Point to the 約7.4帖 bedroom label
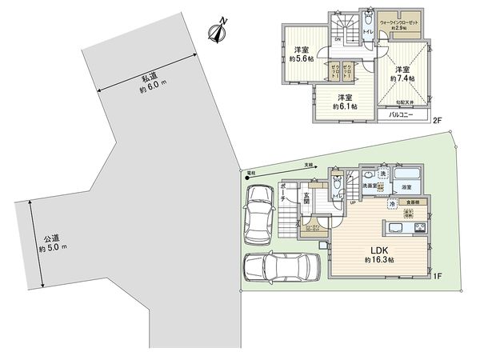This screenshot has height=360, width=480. (x=403, y=74)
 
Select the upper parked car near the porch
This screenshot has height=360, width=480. (x=261, y=214)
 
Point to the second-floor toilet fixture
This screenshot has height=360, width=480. (x=368, y=19)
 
